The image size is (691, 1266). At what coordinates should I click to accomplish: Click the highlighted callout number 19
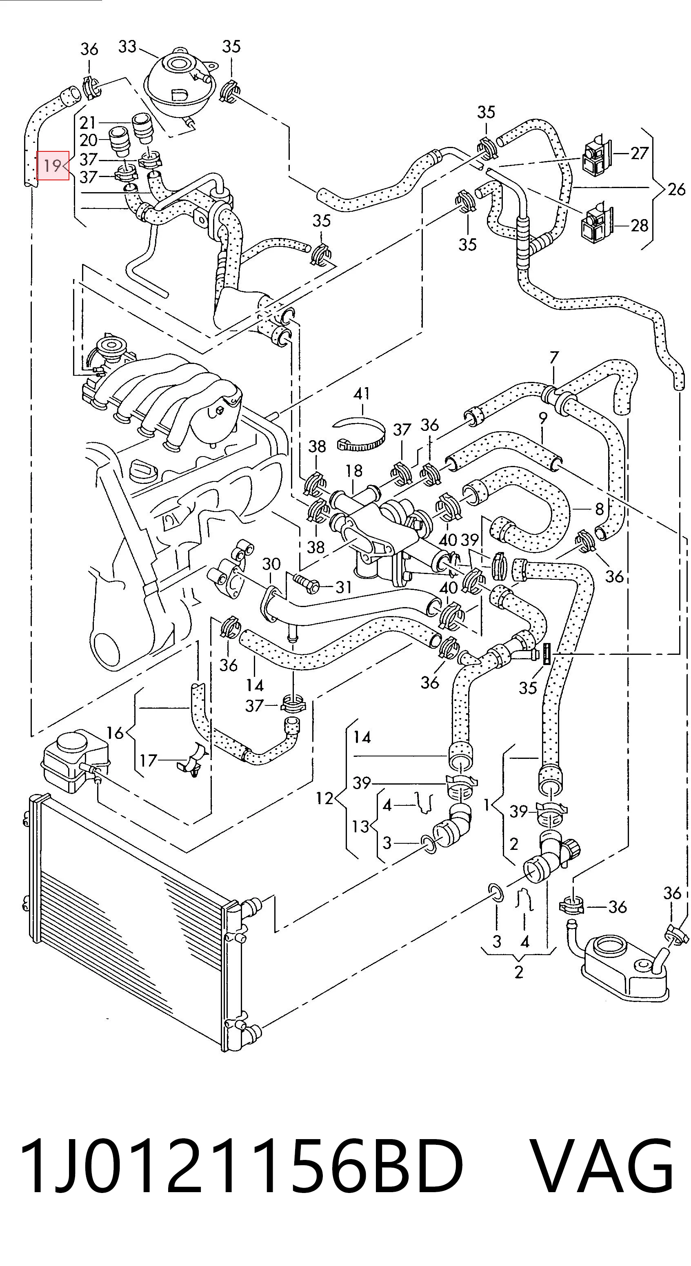click(52, 166)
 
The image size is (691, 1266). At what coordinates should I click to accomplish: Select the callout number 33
click(127, 47)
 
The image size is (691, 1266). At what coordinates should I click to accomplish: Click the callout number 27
click(639, 153)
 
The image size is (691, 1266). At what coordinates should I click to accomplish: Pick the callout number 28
click(639, 226)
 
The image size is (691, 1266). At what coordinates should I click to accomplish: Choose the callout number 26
click(676, 189)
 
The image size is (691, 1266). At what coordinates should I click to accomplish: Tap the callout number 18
click(353, 470)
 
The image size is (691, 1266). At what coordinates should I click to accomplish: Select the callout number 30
click(271, 564)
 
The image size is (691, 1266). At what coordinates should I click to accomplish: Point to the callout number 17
click(148, 760)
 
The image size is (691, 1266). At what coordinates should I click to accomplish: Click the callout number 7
click(554, 357)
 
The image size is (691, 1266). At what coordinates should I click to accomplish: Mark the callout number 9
click(542, 418)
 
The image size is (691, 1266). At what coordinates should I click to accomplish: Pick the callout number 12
click(324, 798)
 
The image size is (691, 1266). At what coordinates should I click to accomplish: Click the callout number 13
click(360, 826)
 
